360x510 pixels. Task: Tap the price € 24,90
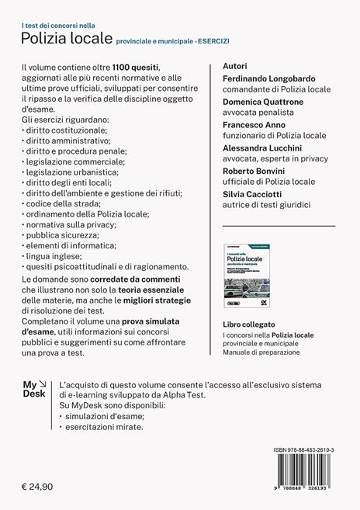[40, 486]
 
